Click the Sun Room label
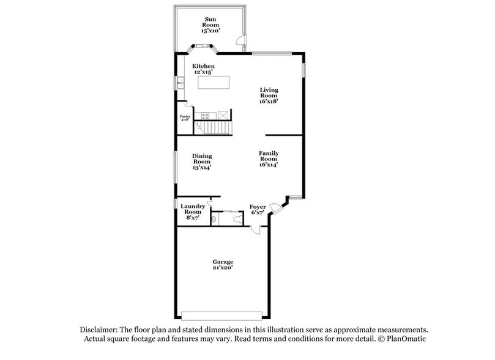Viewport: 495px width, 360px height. (x=210, y=24)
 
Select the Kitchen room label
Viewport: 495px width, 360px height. (x=203, y=69)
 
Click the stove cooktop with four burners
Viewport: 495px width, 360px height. (x=207, y=114)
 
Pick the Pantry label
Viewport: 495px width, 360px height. (x=185, y=118)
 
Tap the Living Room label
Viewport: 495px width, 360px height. (x=269, y=96)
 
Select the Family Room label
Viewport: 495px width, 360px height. (x=269, y=159)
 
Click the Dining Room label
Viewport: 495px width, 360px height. (x=202, y=162)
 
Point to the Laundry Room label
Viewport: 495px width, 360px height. (x=193, y=212)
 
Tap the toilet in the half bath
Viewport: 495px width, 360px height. (x=214, y=218)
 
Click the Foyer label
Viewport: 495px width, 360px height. (x=258, y=210)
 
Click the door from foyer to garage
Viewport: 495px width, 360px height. (x=256, y=229)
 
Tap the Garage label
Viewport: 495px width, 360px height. (x=222, y=264)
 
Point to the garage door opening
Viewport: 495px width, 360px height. (x=222, y=315)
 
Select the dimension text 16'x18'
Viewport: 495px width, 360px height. (x=269, y=102)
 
